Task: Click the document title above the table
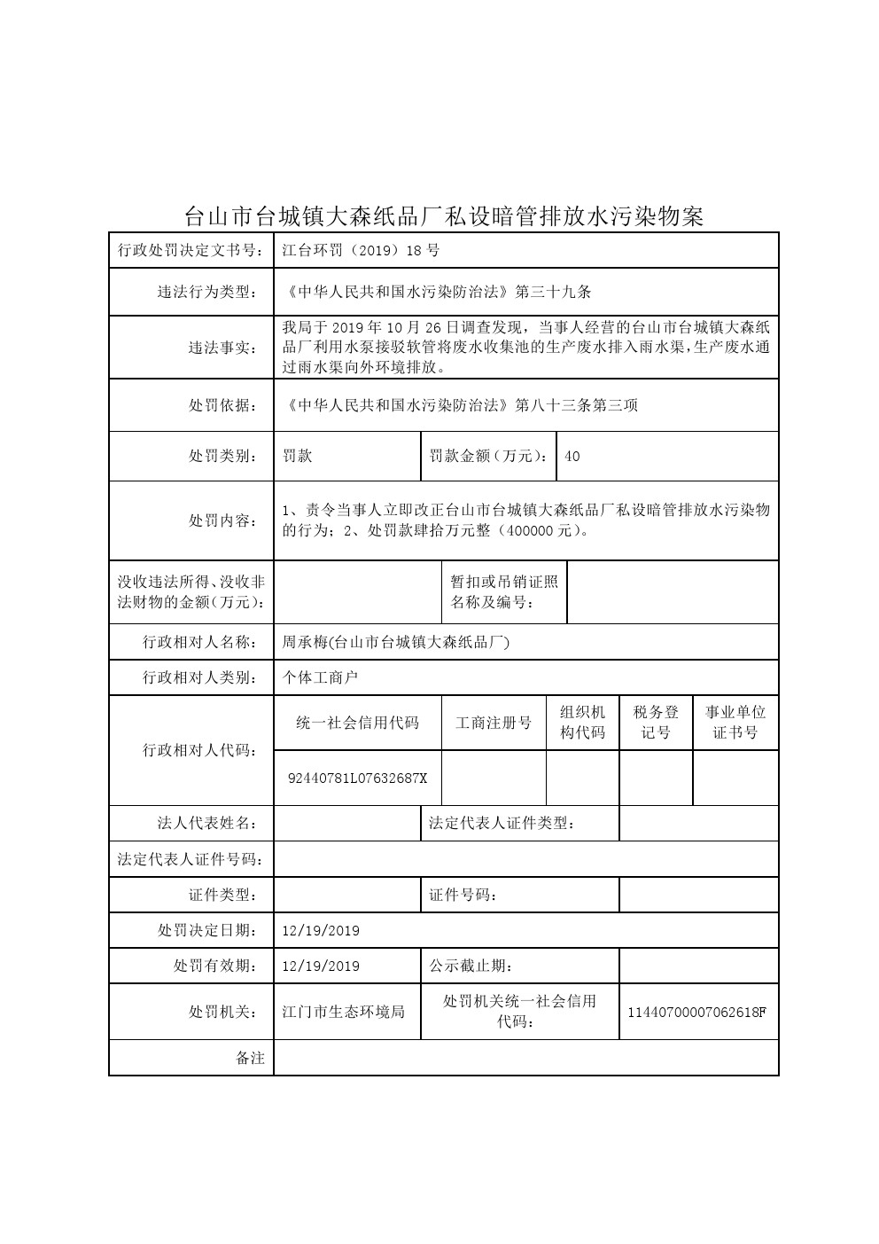[x=443, y=215]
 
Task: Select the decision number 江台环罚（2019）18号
[x=361, y=251]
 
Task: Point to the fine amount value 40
[x=572, y=457]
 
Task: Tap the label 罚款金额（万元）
[x=488, y=457]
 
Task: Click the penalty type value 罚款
[x=298, y=457]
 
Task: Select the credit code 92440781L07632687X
[x=358, y=778]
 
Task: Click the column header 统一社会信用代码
[x=358, y=724]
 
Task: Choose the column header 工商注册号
[x=494, y=724]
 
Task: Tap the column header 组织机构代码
[x=582, y=723]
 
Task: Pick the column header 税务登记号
[x=656, y=723]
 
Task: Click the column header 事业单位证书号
[x=735, y=723]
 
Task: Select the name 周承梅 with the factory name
[x=395, y=643]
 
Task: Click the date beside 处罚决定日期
[x=321, y=931]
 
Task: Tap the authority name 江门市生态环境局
[x=343, y=1012]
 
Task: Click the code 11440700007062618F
[x=696, y=1013]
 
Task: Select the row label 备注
[x=250, y=1058]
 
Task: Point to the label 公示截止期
[x=471, y=966]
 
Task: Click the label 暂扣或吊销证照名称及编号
[x=504, y=592]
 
